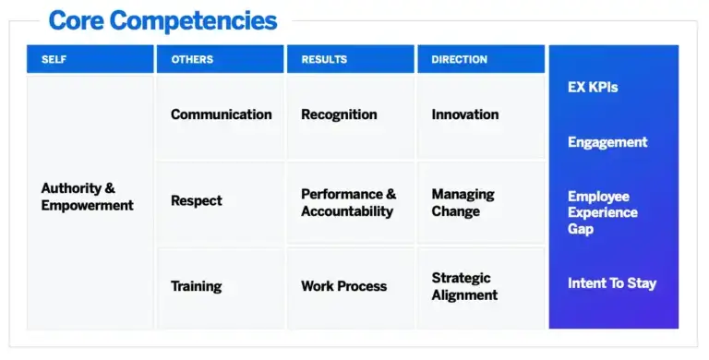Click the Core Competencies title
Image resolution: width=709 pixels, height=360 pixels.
tap(162, 20)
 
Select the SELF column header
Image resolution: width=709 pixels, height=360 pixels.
tap(90, 59)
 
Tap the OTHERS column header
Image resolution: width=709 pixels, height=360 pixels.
tap(220, 59)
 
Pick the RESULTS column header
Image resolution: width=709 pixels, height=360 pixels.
tap(350, 59)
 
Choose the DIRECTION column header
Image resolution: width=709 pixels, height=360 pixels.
tap(480, 59)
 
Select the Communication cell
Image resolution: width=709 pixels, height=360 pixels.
tap(221, 115)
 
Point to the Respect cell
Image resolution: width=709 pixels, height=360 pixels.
tap(220, 201)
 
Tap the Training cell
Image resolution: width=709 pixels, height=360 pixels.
tap(220, 286)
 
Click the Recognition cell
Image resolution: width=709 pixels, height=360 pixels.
tap(350, 115)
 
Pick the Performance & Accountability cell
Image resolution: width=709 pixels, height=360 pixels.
tap(350, 202)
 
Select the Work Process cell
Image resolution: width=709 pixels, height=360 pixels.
tap(350, 286)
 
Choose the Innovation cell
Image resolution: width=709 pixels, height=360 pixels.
tap(480, 115)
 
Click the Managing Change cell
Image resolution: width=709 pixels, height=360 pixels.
tap(480, 202)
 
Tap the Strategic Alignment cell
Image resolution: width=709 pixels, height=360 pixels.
tap(480, 286)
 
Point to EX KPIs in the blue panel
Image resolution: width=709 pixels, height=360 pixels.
tap(593, 88)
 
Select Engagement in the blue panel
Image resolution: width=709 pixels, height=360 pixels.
tap(607, 142)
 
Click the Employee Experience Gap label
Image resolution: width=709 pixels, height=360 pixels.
tap(603, 212)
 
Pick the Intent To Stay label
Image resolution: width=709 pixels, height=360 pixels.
tap(612, 283)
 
